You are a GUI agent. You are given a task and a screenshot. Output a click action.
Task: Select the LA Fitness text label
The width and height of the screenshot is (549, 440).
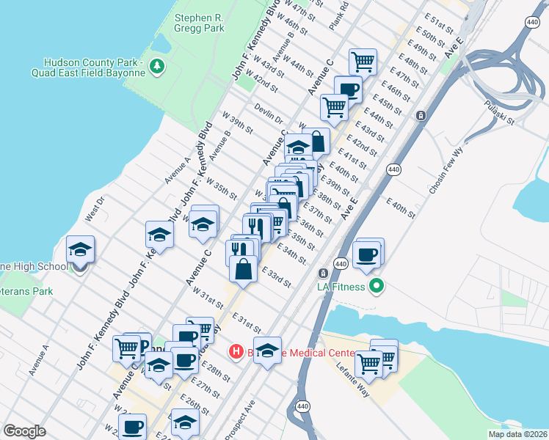[341, 286]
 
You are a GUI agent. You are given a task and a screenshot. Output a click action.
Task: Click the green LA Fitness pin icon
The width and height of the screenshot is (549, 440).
[377, 285]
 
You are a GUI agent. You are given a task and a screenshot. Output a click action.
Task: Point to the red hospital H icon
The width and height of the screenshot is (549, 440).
[236, 352]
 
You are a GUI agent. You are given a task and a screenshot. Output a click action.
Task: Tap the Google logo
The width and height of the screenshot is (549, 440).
[24, 431]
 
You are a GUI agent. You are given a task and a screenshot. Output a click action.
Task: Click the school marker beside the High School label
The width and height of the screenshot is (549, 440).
[80, 250]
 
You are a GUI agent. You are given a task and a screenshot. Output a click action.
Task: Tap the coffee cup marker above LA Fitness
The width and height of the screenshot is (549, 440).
[366, 254]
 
